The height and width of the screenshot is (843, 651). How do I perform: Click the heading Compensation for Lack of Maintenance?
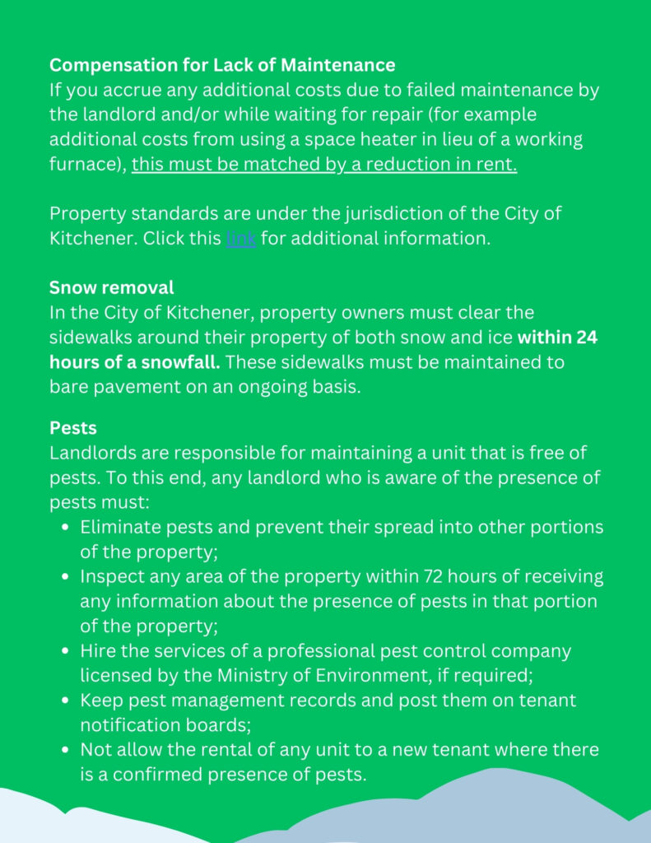tap(222, 65)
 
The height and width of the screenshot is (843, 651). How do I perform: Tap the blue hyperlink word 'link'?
tap(240, 240)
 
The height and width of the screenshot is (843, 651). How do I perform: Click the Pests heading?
tap(73, 428)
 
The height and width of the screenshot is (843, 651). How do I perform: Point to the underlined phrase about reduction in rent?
tap(324, 165)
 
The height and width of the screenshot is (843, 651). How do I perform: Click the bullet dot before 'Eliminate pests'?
tap(64, 527)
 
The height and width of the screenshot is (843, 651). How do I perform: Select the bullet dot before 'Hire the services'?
tap(64, 651)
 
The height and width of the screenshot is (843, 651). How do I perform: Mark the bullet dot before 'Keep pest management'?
tap(64, 701)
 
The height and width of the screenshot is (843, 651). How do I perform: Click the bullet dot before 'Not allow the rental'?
tap(64, 750)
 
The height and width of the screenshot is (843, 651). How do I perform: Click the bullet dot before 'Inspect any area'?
tap(64, 576)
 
